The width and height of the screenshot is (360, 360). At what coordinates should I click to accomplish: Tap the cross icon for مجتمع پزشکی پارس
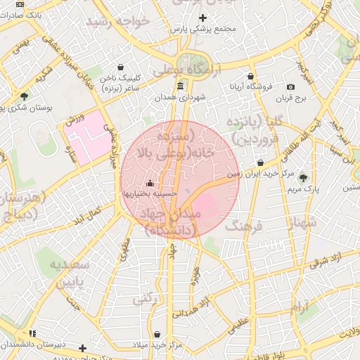click(203, 18)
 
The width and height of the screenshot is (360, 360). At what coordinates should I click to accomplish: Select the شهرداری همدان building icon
click(181, 86)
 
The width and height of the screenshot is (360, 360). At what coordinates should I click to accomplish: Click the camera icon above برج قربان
click(290, 86)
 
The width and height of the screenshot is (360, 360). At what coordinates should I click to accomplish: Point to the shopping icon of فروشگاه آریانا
click(250, 76)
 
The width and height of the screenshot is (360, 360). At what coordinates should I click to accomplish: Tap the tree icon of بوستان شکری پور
click(25, 96)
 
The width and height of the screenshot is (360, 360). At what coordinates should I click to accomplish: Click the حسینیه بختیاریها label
click(150, 193)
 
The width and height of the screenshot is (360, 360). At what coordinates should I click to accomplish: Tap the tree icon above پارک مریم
click(303, 178)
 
